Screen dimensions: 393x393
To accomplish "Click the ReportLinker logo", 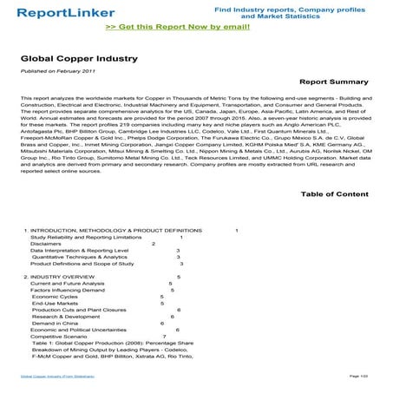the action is coord(56,13).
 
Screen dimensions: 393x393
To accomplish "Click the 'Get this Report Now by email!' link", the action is coord(197,27).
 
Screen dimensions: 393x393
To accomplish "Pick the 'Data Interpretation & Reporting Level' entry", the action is coord(80,251).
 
